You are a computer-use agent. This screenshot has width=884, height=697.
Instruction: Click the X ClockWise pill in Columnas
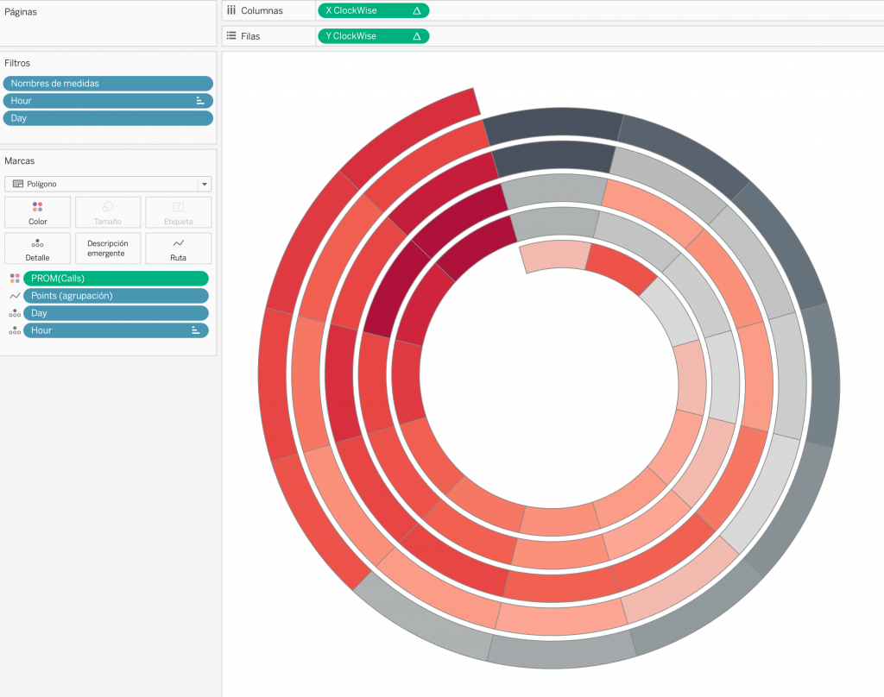tap(373, 10)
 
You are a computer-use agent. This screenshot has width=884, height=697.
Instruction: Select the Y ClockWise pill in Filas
tap(373, 36)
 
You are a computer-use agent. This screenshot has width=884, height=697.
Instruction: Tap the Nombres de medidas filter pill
tap(108, 84)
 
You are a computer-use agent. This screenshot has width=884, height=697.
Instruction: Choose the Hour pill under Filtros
tap(108, 101)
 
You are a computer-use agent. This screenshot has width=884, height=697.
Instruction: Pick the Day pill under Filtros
tap(108, 118)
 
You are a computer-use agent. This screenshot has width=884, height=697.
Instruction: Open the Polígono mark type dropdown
tap(108, 184)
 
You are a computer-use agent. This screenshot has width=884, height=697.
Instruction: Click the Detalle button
tap(38, 248)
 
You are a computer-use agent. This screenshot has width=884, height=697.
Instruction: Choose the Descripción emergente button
tap(108, 248)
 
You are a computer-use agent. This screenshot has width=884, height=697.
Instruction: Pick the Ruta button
tap(178, 248)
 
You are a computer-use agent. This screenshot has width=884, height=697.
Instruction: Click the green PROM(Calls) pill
tap(117, 279)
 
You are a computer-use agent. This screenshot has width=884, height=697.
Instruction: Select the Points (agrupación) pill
tap(117, 296)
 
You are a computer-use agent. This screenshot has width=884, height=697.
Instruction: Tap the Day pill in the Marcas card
tap(117, 313)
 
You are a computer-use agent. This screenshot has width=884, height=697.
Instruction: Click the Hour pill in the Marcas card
tap(117, 330)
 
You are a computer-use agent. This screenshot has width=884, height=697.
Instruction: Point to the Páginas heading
tap(21, 12)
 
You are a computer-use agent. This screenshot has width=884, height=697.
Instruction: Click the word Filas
tap(250, 36)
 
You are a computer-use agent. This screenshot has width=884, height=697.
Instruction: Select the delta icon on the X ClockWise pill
tap(417, 10)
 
